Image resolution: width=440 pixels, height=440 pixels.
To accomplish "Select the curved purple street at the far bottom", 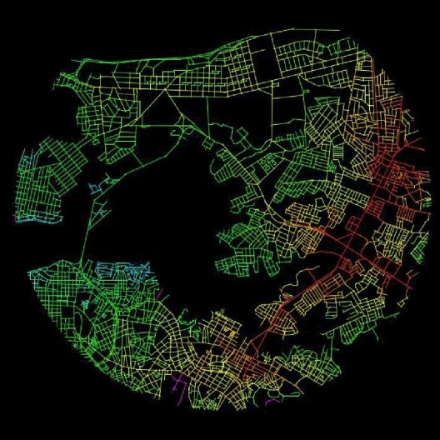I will tap(272, 402).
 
